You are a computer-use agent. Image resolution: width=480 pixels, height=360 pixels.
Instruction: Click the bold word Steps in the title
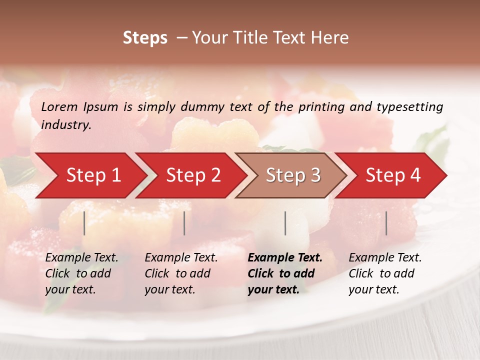[145, 37]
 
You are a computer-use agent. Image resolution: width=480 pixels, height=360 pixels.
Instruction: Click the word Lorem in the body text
[59, 106]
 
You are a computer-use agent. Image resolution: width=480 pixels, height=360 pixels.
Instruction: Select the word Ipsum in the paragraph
[101, 106]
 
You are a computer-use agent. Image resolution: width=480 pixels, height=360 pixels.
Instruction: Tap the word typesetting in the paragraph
[410, 106]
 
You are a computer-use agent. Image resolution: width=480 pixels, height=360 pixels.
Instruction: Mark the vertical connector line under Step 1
[84, 223]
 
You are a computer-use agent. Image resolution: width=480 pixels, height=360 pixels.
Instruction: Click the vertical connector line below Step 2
[184, 223]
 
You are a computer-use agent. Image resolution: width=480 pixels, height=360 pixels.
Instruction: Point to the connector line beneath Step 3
[285, 223]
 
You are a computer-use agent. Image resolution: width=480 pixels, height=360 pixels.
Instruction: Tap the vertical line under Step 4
[386, 223]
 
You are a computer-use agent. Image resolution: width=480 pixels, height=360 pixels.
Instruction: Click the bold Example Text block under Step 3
[285, 273]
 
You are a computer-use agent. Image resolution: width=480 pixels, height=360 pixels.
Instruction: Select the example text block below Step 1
[81, 273]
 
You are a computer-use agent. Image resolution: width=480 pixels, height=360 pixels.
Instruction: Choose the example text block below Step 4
[385, 273]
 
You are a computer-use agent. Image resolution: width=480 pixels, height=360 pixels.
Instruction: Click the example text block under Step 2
[181, 273]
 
